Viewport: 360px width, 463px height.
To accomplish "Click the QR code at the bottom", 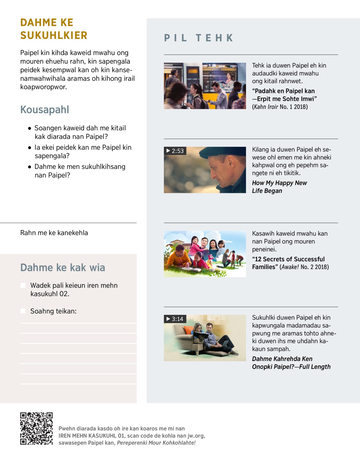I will coord(36,428).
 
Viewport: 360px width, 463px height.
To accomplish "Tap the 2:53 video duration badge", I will coord(175,151).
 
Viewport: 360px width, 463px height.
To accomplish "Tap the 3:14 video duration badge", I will coord(175,319).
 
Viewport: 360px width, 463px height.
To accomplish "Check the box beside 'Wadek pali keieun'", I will coord(23,285).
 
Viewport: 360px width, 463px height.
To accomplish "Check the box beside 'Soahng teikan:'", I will coord(23,311).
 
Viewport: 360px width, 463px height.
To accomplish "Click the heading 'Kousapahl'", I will coord(45,110).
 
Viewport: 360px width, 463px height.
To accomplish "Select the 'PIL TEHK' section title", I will coord(199,38).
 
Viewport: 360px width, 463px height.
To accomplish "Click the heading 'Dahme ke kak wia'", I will coord(63,267).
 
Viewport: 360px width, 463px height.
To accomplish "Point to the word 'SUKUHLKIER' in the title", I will coord(54,35).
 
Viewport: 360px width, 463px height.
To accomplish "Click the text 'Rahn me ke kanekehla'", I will coord(54,233).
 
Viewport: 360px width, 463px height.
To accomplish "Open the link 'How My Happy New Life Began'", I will coord(279,187).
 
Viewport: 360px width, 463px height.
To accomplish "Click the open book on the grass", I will coord(191,269).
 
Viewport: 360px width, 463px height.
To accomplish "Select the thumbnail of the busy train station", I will coord(205,86).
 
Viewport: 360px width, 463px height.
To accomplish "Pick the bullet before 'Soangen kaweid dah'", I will coord(29,128).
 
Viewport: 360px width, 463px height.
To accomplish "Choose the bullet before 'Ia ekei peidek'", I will coord(29,148).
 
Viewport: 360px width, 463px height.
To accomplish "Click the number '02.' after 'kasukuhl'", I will coord(64,294).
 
